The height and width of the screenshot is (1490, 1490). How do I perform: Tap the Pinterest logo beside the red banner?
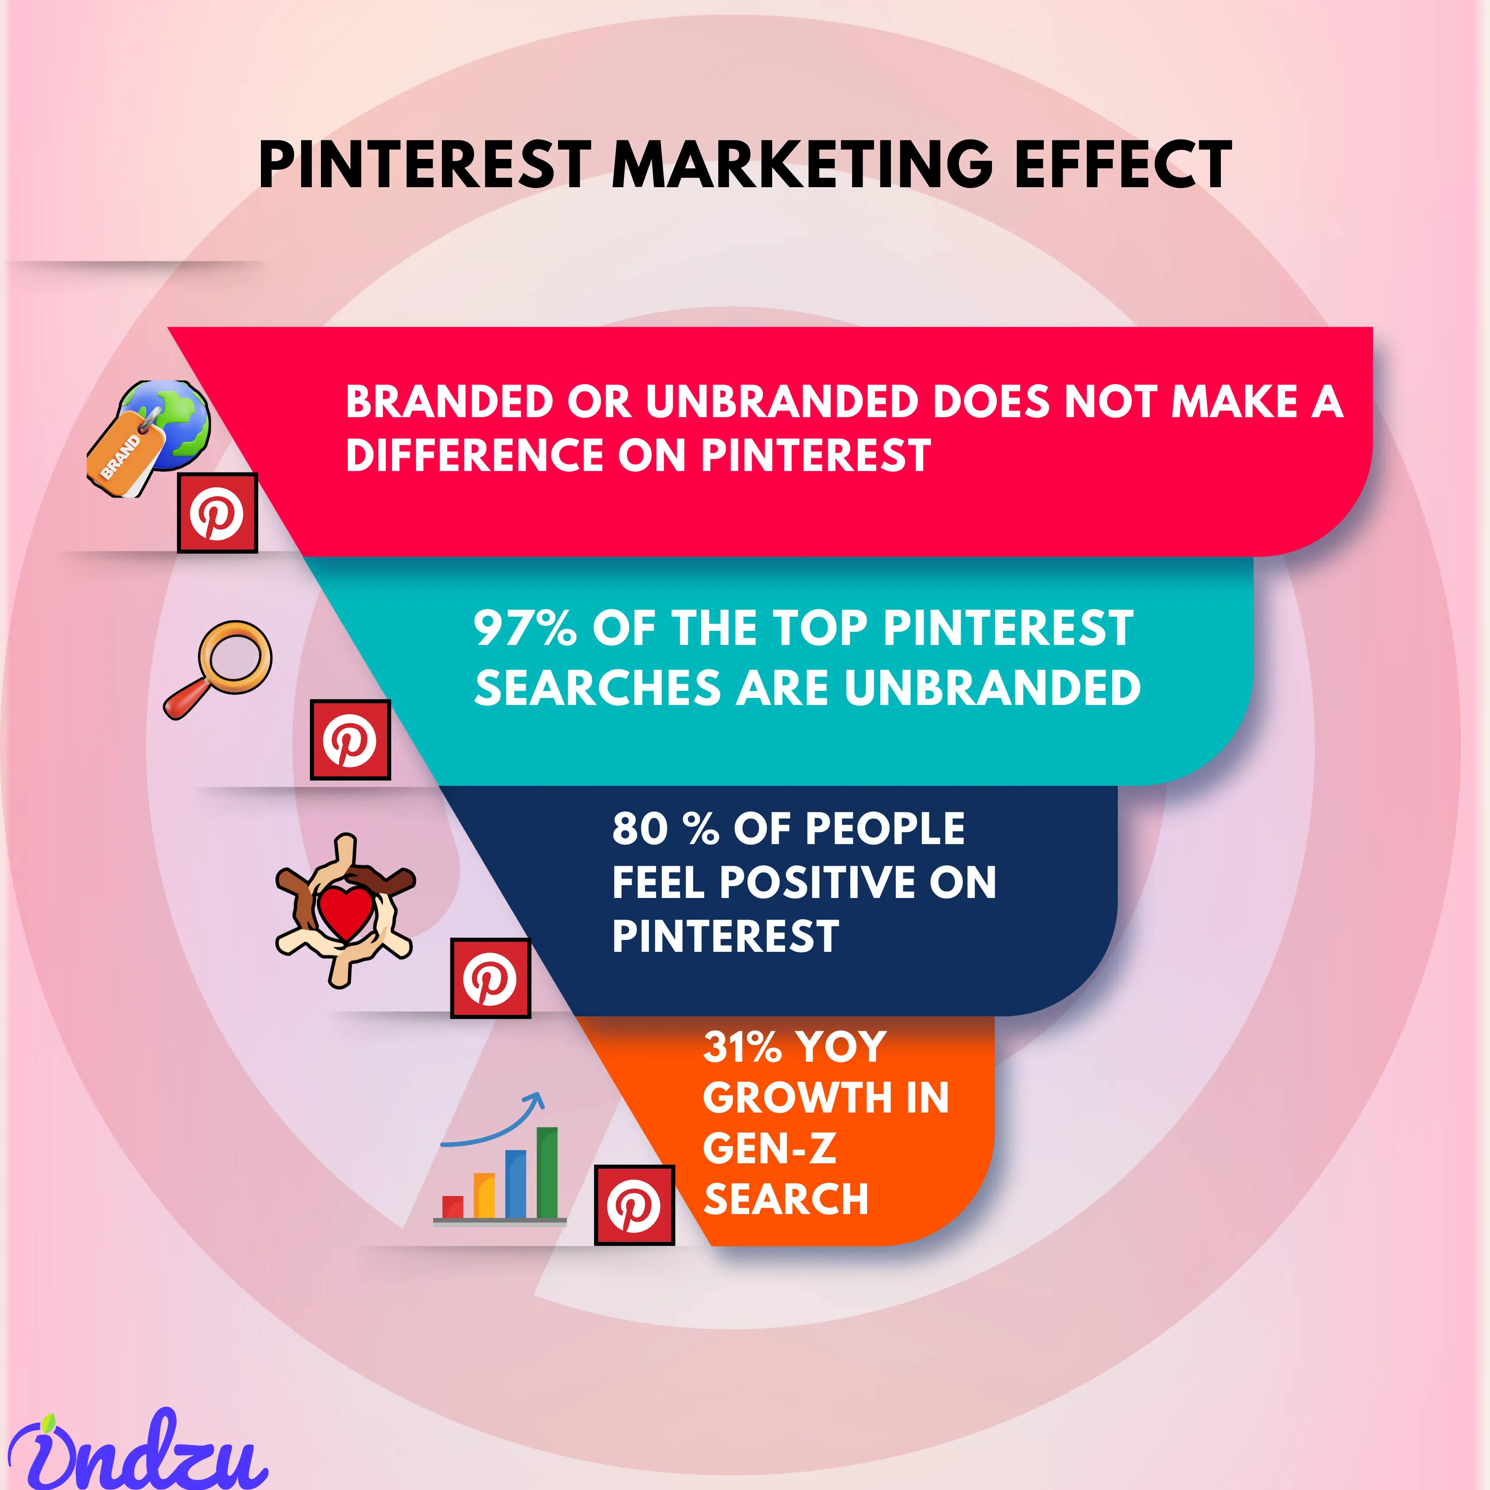(218, 513)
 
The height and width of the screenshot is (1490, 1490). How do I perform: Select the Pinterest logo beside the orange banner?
(634, 1205)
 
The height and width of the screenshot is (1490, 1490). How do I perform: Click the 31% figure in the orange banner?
(743, 1047)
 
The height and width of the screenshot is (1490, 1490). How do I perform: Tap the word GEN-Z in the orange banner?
(770, 1148)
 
